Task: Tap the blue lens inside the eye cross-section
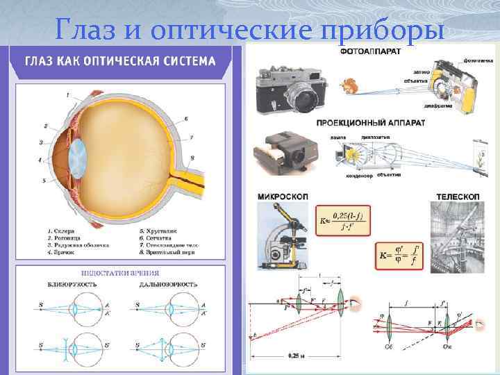tap(78, 155)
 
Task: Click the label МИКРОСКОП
tap(282, 197)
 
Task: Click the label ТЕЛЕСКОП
tap(458, 197)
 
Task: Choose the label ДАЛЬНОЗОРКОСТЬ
tap(168, 285)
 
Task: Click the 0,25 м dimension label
tap(299, 356)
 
